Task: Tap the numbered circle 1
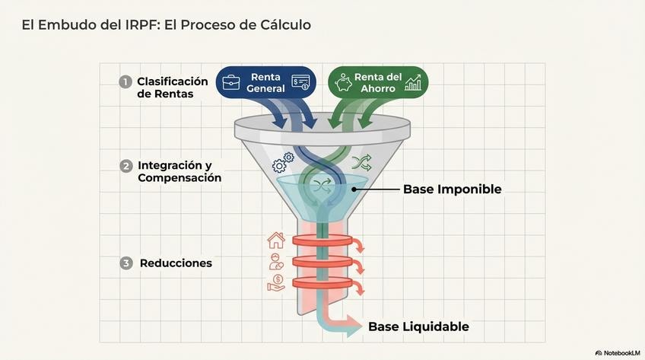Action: point(126,81)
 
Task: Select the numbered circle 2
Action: point(126,166)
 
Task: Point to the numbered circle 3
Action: point(126,263)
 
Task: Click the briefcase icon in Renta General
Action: point(232,82)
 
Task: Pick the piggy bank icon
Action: point(343,81)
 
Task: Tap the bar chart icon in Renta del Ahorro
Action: point(413,82)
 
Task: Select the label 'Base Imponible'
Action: point(452,189)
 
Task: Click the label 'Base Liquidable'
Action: point(418,327)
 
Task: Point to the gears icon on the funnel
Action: point(283,162)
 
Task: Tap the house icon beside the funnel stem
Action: point(275,241)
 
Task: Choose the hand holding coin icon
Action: point(275,283)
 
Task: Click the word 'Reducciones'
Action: point(176,263)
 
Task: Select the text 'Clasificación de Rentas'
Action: point(172,88)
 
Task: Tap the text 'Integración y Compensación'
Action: point(180,171)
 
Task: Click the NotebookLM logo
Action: point(617,352)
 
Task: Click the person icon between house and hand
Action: point(275,262)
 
